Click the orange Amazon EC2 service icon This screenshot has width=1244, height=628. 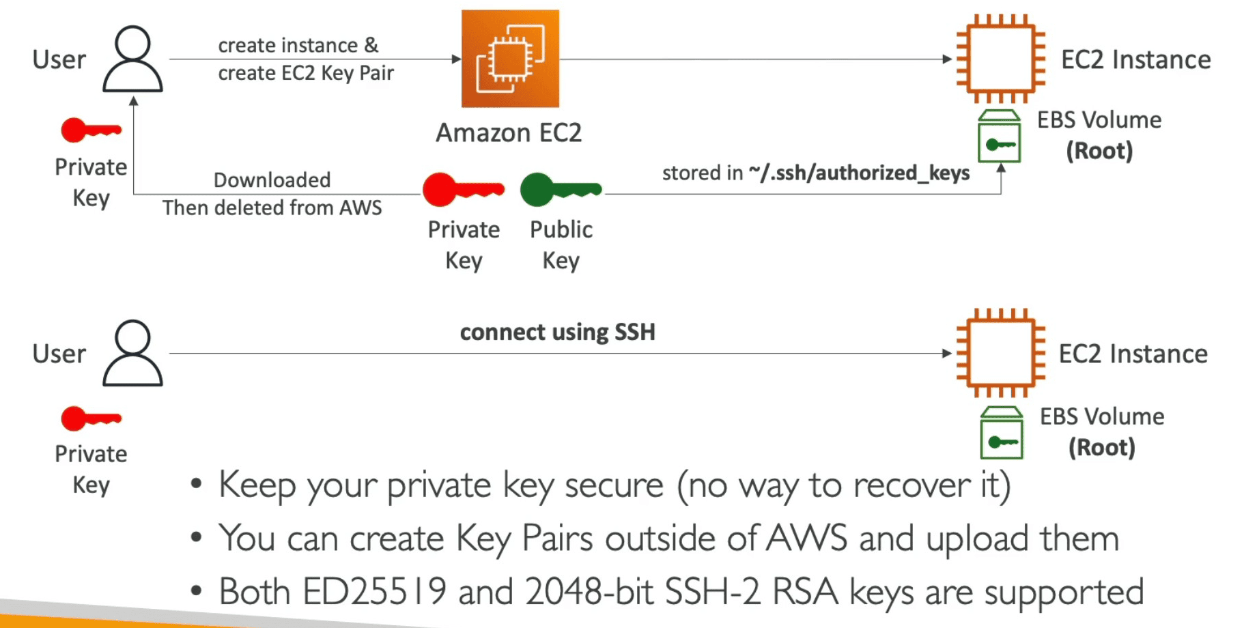pyautogui.click(x=510, y=59)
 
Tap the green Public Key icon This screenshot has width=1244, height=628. pyautogui.click(x=560, y=189)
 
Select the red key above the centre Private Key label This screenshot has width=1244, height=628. pyautogui.click(x=462, y=189)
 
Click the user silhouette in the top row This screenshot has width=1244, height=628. pyautogui.click(x=132, y=59)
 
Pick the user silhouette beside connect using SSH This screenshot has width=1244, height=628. pyautogui.click(x=132, y=354)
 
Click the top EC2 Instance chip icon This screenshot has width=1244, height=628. pyautogui.click(x=1000, y=59)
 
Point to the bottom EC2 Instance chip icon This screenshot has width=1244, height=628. pyautogui.click(x=1000, y=353)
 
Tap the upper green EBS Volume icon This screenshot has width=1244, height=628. pyautogui.click(x=999, y=137)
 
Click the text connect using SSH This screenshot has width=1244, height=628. pyautogui.click(x=557, y=332)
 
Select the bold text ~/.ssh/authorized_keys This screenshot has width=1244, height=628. pyautogui.click(x=858, y=173)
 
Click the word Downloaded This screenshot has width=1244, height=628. pyautogui.click(x=272, y=180)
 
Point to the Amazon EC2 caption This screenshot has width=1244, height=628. pyautogui.click(x=509, y=132)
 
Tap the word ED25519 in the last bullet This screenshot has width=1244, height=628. pyautogui.click(x=373, y=591)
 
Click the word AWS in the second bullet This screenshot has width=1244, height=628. pyautogui.click(x=806, y=538)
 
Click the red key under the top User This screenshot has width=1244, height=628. pyautogui.click(x=91, y=130)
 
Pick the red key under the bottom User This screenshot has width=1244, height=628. pyautogui.click(x=91, y=418)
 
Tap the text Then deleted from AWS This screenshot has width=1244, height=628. pyautogui.click(x=272, y=208)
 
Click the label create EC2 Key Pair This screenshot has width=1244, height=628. pyautogui.click(x=306, y=73)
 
